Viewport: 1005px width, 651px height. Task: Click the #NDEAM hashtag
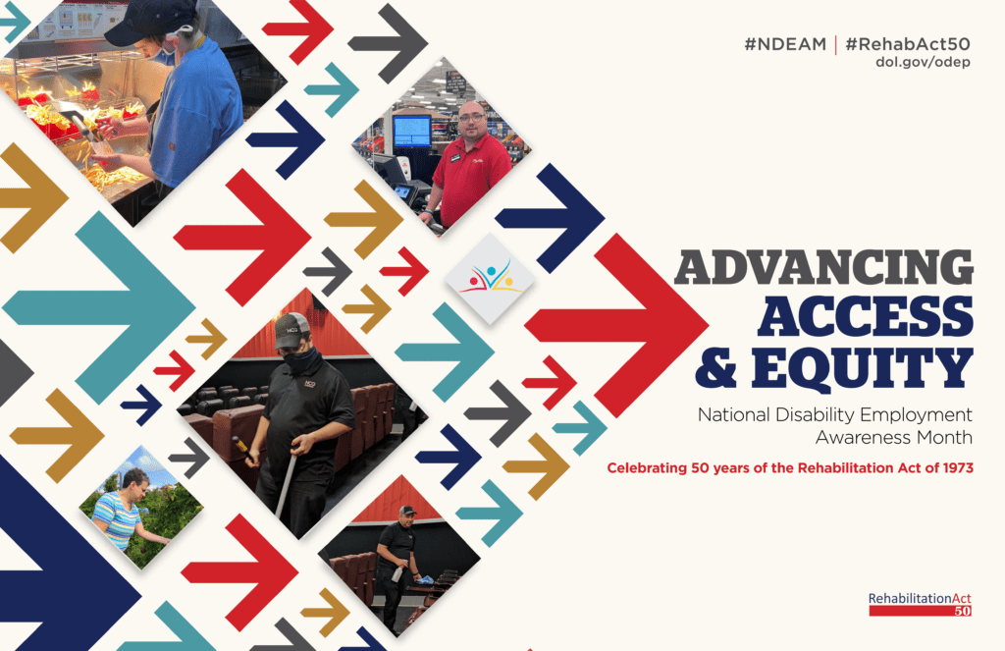pos(785,44)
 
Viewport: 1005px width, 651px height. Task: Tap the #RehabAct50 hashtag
pos(908,44)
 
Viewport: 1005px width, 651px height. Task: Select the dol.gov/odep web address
pos(923,62)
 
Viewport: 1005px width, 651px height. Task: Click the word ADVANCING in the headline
pos(824,267)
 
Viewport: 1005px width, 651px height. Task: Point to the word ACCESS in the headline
pos(866,316)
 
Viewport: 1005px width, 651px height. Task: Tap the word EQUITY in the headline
pos(863,367)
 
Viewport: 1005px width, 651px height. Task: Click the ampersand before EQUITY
pos(715,367)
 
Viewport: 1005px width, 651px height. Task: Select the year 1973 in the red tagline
pos(958,468)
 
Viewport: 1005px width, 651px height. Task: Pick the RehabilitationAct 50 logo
pos(920,604)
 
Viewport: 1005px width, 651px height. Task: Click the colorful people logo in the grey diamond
pos(491,277)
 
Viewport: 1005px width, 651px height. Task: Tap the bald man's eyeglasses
pos(472,117)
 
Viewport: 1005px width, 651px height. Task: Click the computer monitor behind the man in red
pos(411,132)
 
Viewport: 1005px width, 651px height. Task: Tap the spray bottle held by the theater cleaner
pos(397,573)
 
